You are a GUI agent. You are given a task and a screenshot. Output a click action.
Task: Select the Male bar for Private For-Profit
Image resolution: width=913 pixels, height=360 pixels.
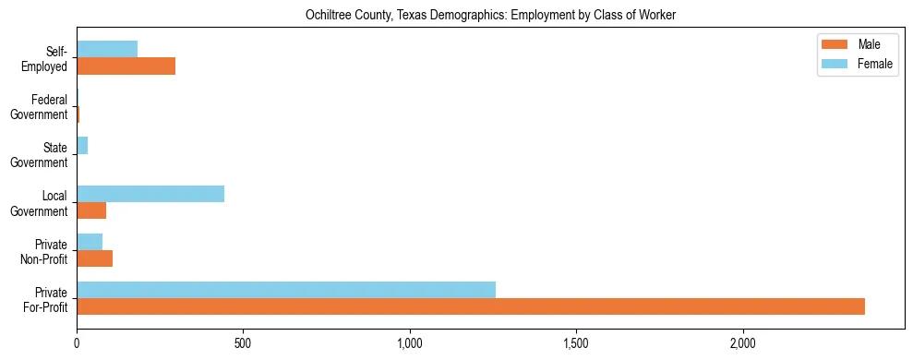pyautogui.click(x=471, y=306)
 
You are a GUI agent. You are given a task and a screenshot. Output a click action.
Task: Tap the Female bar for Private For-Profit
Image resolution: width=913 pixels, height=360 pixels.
pyautogui.click(x=286, y=290)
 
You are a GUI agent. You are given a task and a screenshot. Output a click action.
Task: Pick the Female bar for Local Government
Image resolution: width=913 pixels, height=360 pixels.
pyautogui.click(x=150, y=193)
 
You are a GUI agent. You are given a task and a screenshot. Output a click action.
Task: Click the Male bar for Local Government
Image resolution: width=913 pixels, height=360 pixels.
pyautogui.click(x=91, y=210)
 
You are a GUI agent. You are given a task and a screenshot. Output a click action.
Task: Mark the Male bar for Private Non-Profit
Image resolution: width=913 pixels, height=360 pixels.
pyautogui.click(x=94, y=258)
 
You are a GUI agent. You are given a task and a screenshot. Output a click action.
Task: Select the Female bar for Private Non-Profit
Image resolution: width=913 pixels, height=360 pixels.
pyautogui.click(x=90, y=242)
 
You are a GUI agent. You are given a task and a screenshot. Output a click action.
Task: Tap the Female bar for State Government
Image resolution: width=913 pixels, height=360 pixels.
pyautogui.click(x=82, y=146)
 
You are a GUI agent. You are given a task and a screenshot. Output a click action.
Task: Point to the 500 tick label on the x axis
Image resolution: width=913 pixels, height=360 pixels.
pyautogui.click(x=243, y=342)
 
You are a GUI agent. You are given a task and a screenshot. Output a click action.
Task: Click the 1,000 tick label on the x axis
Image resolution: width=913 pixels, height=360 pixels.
pyautogui.click(x=410, y=342)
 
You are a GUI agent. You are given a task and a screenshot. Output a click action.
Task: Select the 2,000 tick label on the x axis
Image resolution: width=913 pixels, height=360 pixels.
pyautogui.click(x=743, y=342)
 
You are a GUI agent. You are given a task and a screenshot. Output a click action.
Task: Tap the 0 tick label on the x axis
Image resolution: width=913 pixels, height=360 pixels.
pyautogui.click(x=77, y=342)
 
